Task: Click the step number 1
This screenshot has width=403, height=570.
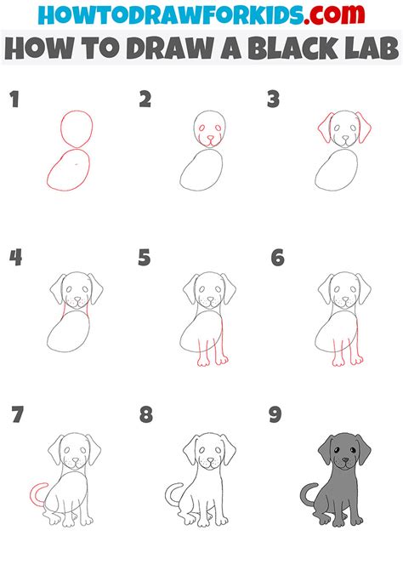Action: [x=14, y=100]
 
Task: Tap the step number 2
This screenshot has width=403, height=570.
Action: [x=145, y=100]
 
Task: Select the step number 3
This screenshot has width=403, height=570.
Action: [x=274, y=100]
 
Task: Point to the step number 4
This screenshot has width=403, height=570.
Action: [x=14, y=258]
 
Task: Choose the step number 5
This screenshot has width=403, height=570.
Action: [x=145, y=258]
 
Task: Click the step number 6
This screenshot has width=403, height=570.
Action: [x=276, y=258]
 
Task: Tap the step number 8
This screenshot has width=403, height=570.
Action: [x=145, y=416]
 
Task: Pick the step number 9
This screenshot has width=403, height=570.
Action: [x=276, y=416]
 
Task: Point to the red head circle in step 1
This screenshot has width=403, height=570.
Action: [x=75, y=129]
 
